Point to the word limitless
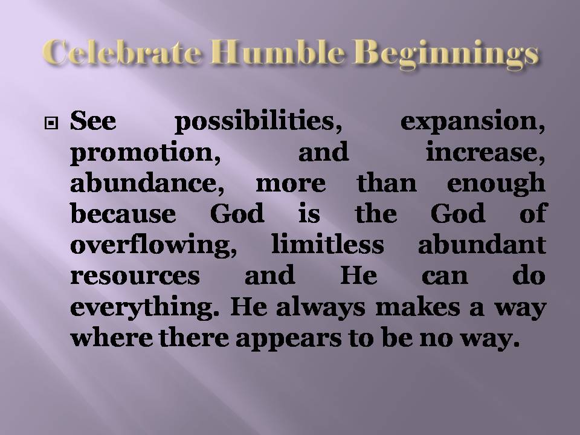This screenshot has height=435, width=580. (315, 244)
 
